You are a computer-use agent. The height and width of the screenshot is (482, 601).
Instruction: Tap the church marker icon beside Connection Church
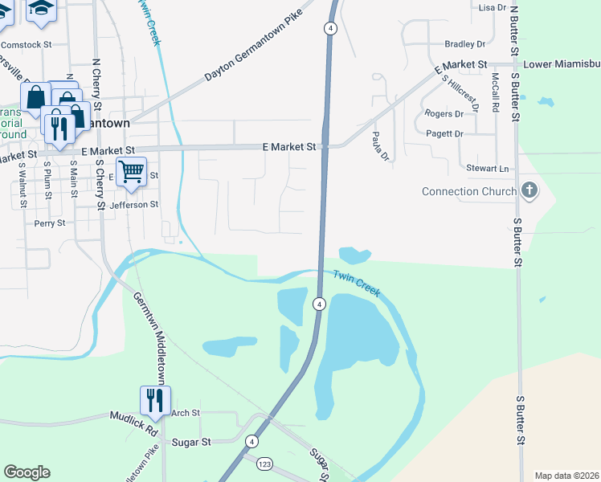pyautogui.click(x=529, y=190)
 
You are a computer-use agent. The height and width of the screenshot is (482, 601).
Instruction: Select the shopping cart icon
pyautogui.click(x=131, y=171)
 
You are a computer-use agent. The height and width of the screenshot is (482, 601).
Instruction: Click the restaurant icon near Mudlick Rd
pyautogui.click(x=153, y=399)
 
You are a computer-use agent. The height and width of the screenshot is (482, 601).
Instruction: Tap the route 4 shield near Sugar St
pyautogui.click(x=252, y=442)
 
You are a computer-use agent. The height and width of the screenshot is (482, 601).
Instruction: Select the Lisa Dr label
pyautogui.click(x=490, y=7)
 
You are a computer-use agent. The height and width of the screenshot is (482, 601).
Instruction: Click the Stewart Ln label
pyautogui.click(x=489, y=169)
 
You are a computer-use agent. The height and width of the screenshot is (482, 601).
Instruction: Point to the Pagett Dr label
pyautogui.click(x=445, y=133)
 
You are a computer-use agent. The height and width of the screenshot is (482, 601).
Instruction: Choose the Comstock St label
pyautogui.click(x=27, y=44)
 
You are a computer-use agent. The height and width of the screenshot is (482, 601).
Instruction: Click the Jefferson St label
pyautogui.click(x=134, y=205)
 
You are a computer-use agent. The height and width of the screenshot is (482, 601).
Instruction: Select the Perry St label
pyautogui.click(x=49, y=223)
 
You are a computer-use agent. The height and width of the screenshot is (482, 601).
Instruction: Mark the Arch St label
pyautogui.click(x=185, y=413)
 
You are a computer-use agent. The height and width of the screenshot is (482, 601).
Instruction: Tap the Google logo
pyautogui.click(x=27, y=472)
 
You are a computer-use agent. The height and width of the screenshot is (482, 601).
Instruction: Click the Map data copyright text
pyautogui.click(x=566, y=476)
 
